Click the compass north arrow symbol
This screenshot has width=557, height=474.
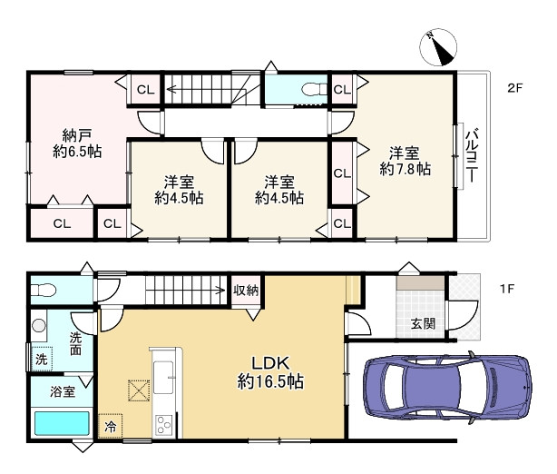pyautogui.click(x=438, y=47)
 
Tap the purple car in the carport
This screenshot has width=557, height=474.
pyautogui.click(x=448, y=387)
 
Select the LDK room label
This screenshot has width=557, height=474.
pyautogui.click(x=270, y=363)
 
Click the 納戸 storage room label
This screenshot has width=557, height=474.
pyautogui.click(x=77, y=135)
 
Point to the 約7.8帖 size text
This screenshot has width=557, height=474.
pyautogui.click(x=405, y=169)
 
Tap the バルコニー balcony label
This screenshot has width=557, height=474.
pyautogui.click(x=472, y=156)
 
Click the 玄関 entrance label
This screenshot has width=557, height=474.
pyautogui.click(x=423, y=324)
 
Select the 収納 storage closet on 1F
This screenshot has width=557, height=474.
pyautogui.click(x=246, y=291)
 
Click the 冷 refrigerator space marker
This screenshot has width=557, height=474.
pyautogui.click(x=110, y=426)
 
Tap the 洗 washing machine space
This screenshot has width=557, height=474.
pyautogui.click(x=42, y=359)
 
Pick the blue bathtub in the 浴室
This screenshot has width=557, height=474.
pyautogui.click(x=62, y=423)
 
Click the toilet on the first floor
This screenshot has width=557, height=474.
pyautogui.click(x=44, y=290)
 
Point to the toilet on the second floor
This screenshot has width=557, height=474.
pyautogui.click(x=314, y=89)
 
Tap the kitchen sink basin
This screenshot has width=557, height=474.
pyautogui.click(x=163, y=377)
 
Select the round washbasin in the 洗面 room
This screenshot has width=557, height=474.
pyautogui.click(x=39, y=325)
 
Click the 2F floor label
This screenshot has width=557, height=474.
pyautogui.click(x=514, y=88)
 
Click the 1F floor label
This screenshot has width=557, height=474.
pyautogui.click(x=507, y=289)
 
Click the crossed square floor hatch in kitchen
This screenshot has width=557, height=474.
pyautogui.click(x=139, y=390)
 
